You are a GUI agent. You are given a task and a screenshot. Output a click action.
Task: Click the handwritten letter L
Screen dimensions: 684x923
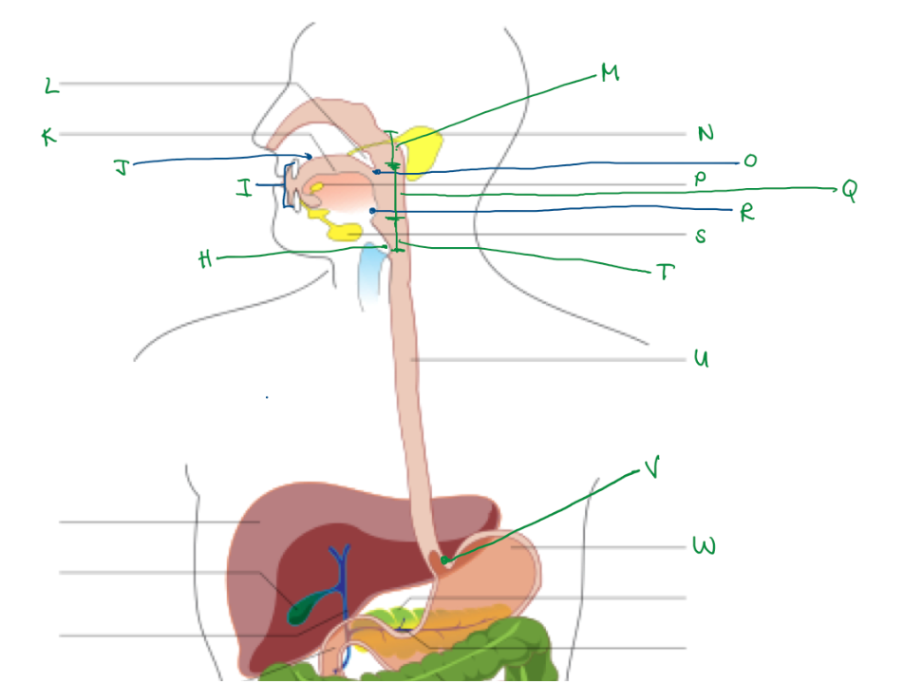[x=51, y=87]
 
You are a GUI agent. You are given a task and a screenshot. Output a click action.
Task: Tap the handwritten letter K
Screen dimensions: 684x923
[x=48, y=138]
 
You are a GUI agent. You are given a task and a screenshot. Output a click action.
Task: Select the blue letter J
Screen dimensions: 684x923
[x=121, y=168]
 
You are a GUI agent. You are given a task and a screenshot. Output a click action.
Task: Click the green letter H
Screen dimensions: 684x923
[x=206, y=260]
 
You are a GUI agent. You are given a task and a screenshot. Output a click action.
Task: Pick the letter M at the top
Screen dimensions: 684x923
[x=609, y=73]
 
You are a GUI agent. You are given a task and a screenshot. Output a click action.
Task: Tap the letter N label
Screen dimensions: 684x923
[x=705, y=134]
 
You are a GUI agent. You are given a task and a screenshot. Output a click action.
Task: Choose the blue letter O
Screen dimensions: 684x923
[x=750, y=161]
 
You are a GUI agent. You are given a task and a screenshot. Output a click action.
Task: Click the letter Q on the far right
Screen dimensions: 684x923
[x=847, y=191]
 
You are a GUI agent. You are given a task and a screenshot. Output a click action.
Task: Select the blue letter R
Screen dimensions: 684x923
[x=746, y=213]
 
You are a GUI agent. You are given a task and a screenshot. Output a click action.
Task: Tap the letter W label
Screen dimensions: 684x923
[x=704, y=547]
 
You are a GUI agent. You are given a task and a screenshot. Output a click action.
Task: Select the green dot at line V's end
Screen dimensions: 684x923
[x=444, y=560]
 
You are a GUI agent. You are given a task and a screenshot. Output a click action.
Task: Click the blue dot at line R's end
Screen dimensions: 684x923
[x=373, y=210]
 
